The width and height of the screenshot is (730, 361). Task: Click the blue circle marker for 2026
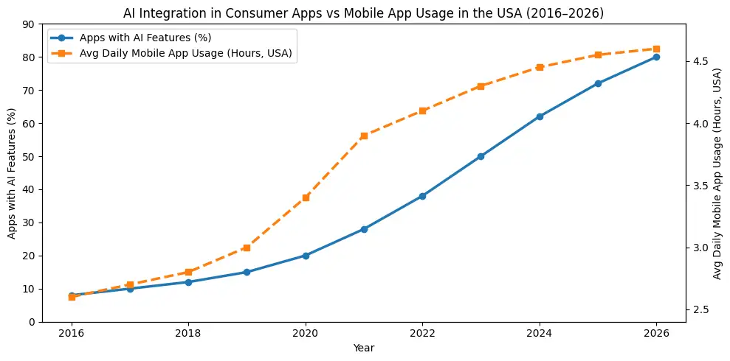pos(656,57)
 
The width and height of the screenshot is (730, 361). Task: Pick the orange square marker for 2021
pos(364,136)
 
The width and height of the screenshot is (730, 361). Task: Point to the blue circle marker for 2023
pos(481,156)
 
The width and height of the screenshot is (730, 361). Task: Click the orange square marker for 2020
pos(306,197)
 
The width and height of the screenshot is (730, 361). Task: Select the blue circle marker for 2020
pos(306,256)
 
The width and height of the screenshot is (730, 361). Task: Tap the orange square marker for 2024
pos(540,67)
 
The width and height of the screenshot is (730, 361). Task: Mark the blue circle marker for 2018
pos(188,282)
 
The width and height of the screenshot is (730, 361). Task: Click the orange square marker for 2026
pos(656,49)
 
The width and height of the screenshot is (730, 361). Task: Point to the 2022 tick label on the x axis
pos(422,333)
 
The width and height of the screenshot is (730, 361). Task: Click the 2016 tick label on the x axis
pos(72,333)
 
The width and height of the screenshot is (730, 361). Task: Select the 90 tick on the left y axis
pos(29,24)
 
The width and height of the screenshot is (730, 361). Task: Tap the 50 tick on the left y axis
pos(29,157)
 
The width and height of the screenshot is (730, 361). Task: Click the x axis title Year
pos(364,347)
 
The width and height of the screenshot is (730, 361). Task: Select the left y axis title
pos(11,173)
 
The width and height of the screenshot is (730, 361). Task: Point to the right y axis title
pos(718,173)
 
